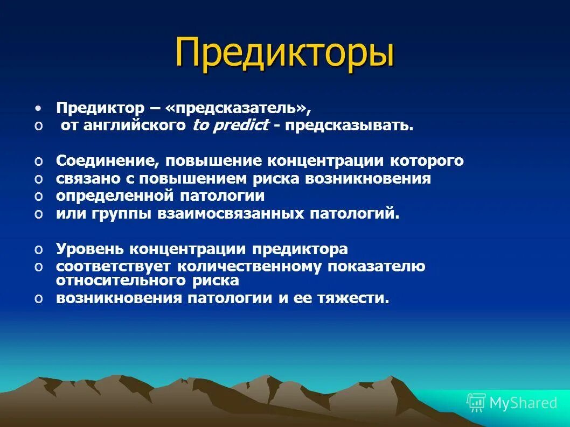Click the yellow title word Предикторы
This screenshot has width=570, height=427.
pos(284,52)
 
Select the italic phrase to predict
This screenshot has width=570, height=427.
pos(231,125)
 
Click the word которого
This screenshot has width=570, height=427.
pos(426,161)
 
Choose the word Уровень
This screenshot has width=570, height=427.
pos(91,249)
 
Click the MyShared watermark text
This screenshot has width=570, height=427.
pos(523,403)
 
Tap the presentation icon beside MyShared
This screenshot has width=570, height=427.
pos(476,402)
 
